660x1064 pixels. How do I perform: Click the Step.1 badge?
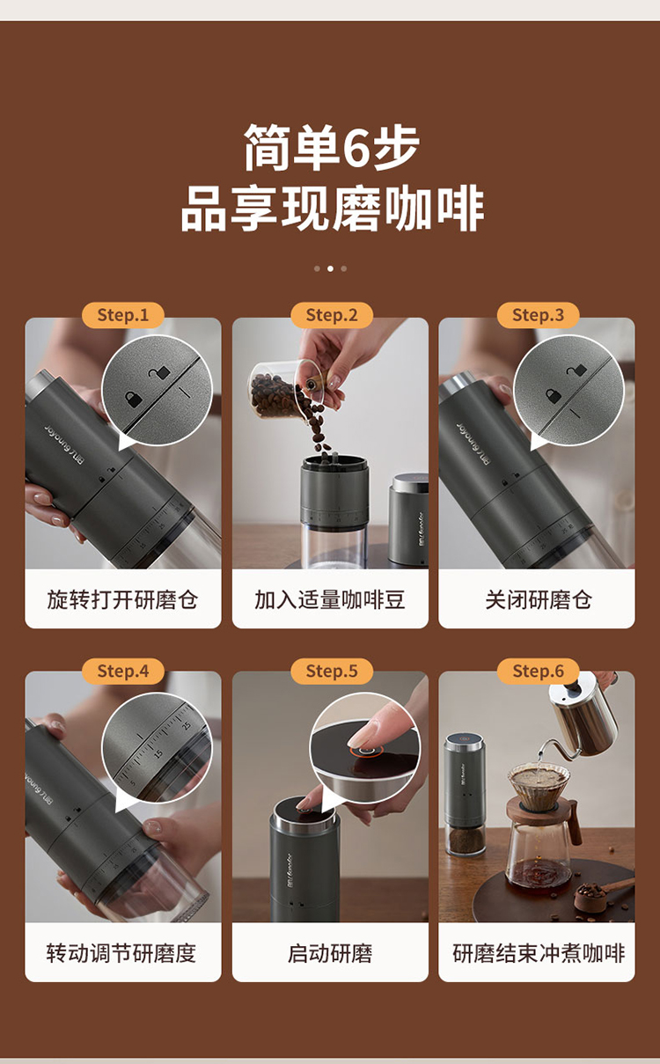(x=123, y=315)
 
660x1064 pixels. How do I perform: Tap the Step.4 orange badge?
(x=123, y=671)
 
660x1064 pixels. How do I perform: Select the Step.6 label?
(x=538, y=671)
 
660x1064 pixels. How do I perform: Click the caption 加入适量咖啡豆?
(x=329, y=599)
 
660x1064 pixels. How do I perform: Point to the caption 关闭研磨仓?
(x=538, y=599)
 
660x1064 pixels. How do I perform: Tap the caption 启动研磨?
(x=330, y=953)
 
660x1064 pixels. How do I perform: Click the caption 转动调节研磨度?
(x=121, y=953)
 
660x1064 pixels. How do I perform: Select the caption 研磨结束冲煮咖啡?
(x=539, y=953)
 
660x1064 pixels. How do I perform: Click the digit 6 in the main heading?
(x=357, y=148)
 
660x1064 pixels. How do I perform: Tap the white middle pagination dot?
(x=331, y=268)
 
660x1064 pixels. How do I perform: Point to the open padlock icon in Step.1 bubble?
(x=159, y=372)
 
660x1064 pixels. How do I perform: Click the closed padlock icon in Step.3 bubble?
(x=553, y=396)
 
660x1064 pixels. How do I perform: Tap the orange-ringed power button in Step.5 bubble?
(x=365, y=750)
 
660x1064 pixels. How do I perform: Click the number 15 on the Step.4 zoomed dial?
(x=158, y=754)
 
